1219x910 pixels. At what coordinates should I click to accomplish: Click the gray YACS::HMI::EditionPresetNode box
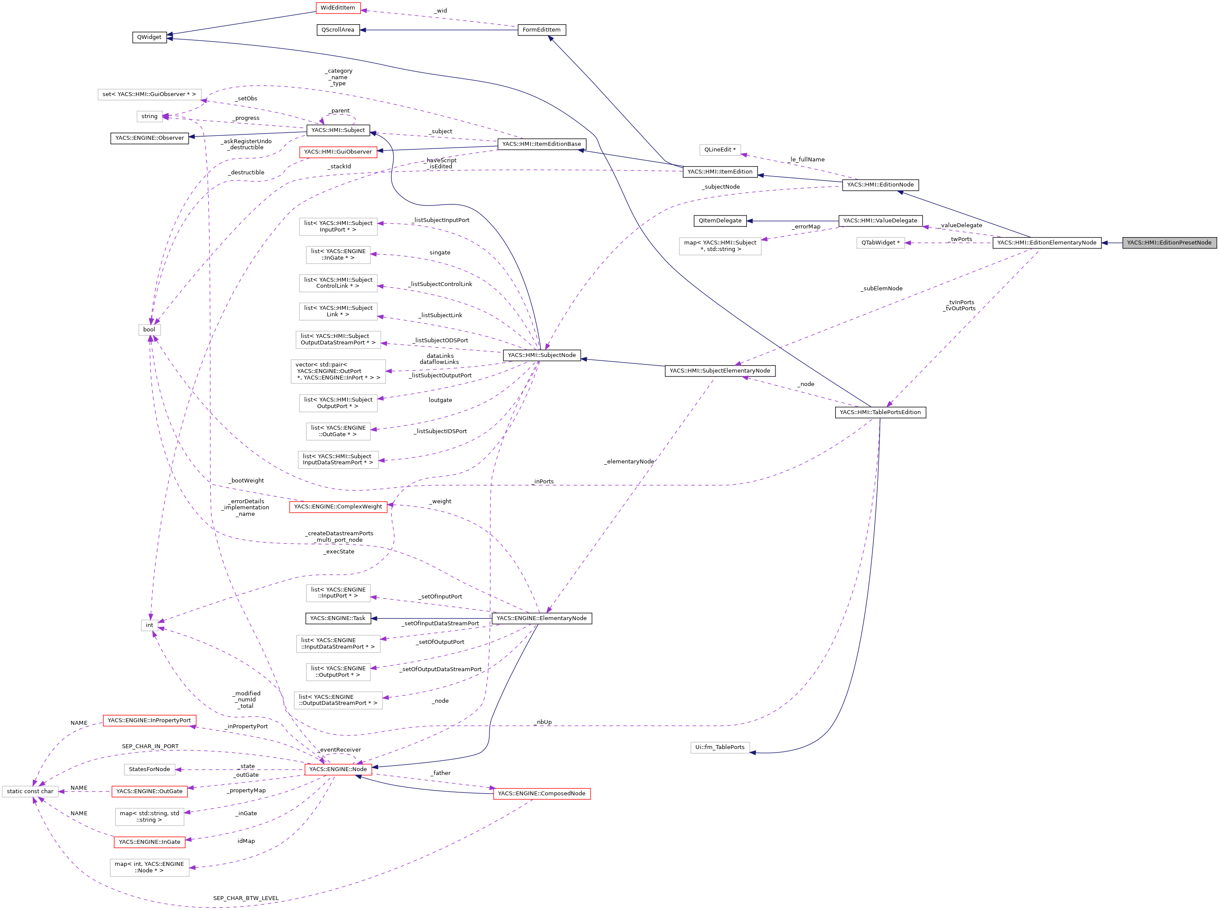point(1169,243)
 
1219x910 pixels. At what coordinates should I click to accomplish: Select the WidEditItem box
point(338,8)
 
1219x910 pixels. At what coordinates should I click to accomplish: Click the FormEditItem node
point(541,30)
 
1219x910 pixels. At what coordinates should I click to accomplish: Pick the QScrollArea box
point(338,30)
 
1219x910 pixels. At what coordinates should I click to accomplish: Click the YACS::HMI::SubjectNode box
point(541,355)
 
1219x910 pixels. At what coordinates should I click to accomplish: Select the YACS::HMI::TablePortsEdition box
point(880,412)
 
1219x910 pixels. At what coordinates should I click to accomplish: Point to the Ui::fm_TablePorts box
point(719,747)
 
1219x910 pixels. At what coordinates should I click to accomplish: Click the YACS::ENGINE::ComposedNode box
point(541,794)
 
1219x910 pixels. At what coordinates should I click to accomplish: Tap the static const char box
point(30,791)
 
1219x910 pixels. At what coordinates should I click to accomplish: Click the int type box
point(149,625)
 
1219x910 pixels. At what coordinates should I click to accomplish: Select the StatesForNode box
point(149,769)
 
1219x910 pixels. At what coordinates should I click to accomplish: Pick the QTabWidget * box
point(880,243)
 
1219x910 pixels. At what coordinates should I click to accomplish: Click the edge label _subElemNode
point(881,289)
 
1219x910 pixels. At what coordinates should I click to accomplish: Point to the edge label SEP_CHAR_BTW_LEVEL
point(246,898)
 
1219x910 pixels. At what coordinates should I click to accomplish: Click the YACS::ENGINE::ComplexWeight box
point(338,507)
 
